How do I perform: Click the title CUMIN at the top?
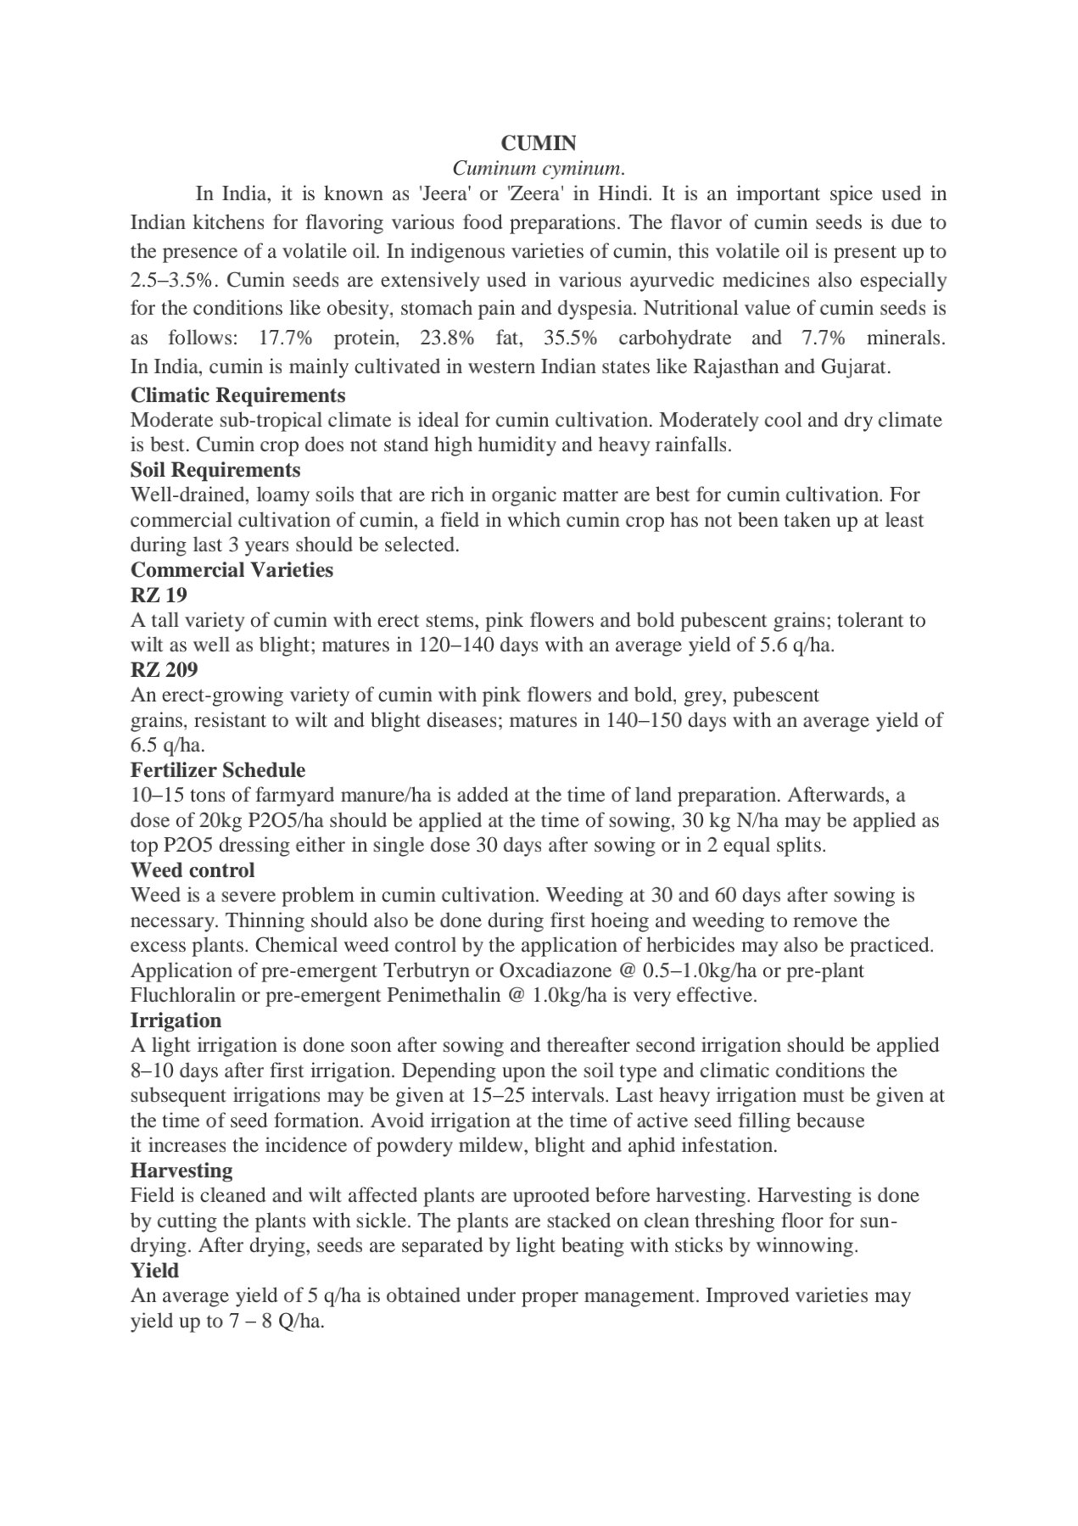pyautogui.click(x=539, y=143)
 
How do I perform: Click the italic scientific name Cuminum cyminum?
pyautogui.click(x=539, y=168)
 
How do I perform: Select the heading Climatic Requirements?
pyautogui.click(x=237, y=395)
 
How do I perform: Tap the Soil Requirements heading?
pyautogui.click(x=215, y=470)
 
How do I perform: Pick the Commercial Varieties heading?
pyautogui.click(x=232, y=570)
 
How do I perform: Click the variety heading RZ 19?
pyautogui.click(x=159, y=595)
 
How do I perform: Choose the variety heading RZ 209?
pyautogui.click(x=164, y=670)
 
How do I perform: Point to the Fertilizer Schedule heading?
pyautogui.click(x=218, y=770)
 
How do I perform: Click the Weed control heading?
pyautogui.click(x=193, y=870)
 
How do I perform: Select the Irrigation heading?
pyautogui.click(x=176, y=1020)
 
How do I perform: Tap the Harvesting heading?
pyautogui.click(x=182, y=1171)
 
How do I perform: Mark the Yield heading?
pyautogui.click(x=154, y=1271)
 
